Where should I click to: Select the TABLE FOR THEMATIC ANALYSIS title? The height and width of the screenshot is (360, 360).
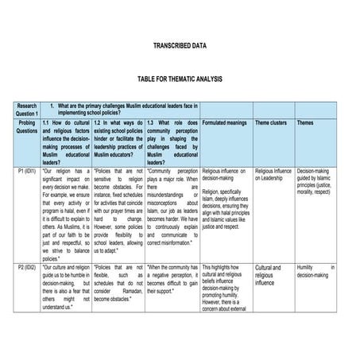[x=180, y=79]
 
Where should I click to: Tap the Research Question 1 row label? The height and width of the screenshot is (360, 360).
[x=26, y=110]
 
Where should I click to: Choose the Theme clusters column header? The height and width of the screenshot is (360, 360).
[x=271, y=123]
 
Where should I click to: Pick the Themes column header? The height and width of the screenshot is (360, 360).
[x=305, y=123]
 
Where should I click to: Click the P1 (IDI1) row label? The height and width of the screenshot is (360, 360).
[x=26, y=171]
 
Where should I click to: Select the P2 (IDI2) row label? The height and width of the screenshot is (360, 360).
[x=26, y=268]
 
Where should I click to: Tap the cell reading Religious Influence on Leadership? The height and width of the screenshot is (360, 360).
[x=273, y=175]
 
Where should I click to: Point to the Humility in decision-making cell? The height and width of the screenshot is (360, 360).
[x=315, y=272]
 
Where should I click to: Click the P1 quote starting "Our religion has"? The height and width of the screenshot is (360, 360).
[x=65, y=215]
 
